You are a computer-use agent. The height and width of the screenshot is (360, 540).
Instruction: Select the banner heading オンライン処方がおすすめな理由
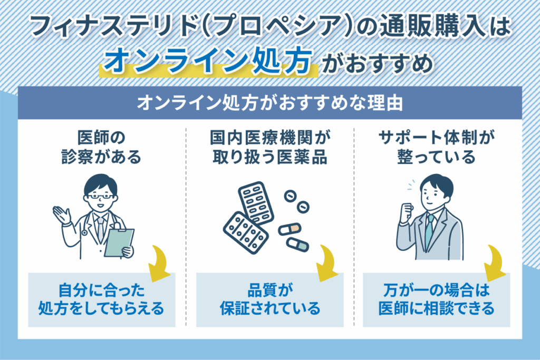pyautogui.click(x=269, y=102)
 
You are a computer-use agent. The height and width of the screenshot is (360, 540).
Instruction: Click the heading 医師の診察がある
pyautogui.click(x=100, y=148)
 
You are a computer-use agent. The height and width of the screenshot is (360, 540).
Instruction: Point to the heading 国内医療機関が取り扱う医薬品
pyautogui.click(x=269, y=148)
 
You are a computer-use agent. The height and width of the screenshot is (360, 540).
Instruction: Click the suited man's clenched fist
pyautogui.click(x=406, y=212)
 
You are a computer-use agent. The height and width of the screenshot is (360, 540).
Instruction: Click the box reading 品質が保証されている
pyautogui.click(x=269, y=299)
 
